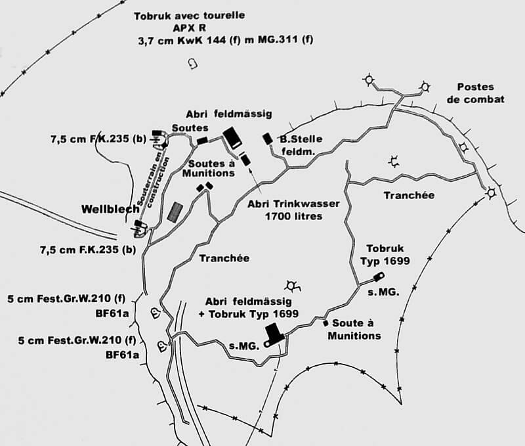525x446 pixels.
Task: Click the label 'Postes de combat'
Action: click(475, 93)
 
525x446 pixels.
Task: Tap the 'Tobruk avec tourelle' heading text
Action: click(189, 16)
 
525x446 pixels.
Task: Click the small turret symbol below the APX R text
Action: click(193, 63)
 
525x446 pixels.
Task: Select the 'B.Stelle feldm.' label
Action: click(301, 145)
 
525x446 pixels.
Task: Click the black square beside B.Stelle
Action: click(267, 139)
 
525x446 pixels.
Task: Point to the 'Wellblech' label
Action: click(110, 209)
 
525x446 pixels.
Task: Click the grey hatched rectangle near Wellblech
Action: click(175, 212)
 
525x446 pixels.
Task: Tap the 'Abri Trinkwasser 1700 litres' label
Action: click(293, 210)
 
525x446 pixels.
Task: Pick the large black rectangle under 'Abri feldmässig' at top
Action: click(233, 138)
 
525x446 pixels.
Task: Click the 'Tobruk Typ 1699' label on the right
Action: click(385, 255)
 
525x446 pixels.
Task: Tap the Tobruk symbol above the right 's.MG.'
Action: click(379, 277)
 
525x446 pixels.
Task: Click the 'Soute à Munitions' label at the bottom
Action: click(354, 329)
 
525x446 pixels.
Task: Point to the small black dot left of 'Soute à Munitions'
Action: click(325, 323)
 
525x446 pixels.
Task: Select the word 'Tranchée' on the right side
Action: click(409, 195)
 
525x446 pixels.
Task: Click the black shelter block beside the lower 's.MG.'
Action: click(274, 333)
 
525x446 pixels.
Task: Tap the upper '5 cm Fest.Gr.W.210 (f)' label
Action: click(66, 298)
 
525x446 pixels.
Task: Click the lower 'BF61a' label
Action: click(122, 355)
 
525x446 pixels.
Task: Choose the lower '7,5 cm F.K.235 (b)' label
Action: click(88, 250)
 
